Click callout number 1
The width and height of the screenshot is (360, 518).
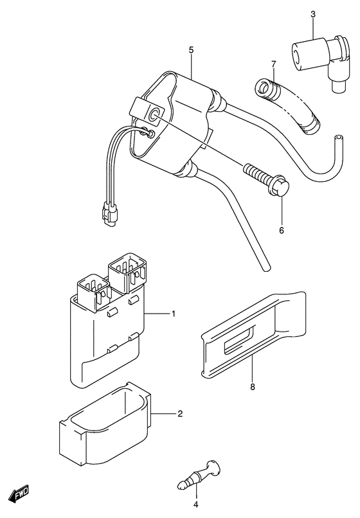[173, 314]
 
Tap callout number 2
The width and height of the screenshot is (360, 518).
[180, 413]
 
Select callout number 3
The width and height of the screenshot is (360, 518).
[312, 14]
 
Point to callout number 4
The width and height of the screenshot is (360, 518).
[195, 505]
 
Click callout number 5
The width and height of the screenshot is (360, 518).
[191, 50]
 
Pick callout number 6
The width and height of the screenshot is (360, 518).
[282, 230]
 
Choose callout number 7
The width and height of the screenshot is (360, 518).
[273, 64]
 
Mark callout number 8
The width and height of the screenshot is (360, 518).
[253, 387]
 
